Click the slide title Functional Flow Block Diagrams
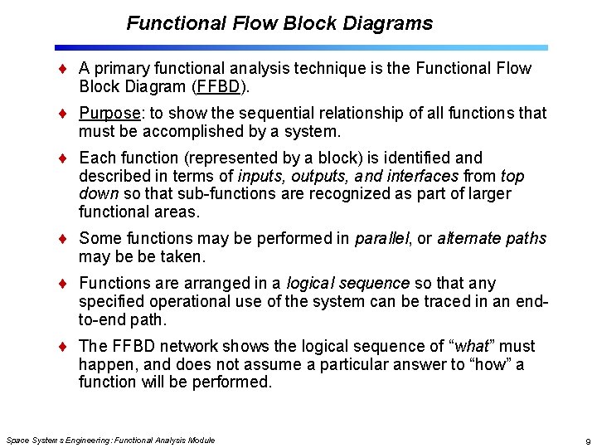279,23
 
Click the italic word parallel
382,239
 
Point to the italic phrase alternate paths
492,239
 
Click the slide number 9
587,441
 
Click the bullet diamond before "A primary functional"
66,68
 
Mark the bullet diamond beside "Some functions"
66,239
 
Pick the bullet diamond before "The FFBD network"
66,346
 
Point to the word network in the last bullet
182,346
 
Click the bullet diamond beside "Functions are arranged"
66,284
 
